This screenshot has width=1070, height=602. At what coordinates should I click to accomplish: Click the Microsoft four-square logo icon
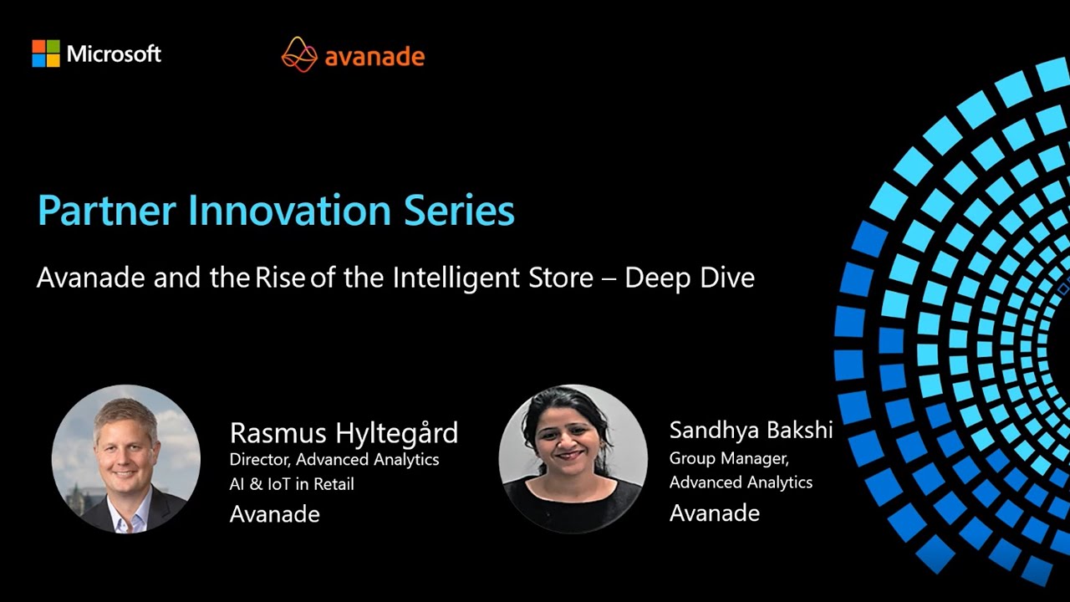46,54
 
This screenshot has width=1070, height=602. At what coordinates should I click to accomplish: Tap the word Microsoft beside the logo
114,54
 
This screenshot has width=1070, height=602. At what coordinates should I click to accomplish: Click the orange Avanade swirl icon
299,54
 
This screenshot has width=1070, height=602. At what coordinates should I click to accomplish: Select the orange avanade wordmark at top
374,56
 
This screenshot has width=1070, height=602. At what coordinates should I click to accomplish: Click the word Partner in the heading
93,211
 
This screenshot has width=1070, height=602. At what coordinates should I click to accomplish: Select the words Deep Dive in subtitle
690,278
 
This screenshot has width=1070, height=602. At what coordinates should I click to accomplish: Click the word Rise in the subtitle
280,278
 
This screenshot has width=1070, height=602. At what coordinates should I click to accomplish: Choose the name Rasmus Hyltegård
344,433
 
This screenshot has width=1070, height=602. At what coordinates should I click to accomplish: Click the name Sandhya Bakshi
751,431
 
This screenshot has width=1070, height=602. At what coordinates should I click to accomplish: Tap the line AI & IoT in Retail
292,484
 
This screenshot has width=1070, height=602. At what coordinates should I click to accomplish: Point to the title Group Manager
729,458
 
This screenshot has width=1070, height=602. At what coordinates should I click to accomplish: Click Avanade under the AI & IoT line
274,514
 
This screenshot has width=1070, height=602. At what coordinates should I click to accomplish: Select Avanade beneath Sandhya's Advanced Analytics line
714,513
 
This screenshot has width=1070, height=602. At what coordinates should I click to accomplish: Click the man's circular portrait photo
126,459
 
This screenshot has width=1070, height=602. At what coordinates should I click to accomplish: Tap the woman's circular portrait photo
573,459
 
